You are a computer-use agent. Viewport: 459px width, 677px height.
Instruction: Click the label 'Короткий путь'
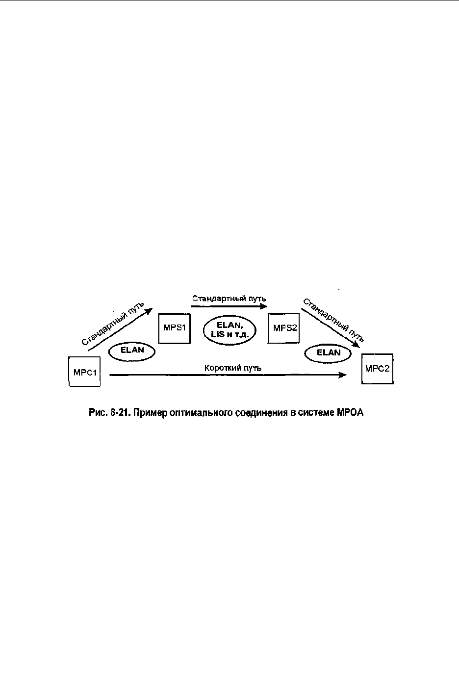click(x=233, y=368)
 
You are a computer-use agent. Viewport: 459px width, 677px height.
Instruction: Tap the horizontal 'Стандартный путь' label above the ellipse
click(x=229, y=299)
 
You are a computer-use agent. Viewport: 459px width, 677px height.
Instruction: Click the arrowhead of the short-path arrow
click(x=343, y=375)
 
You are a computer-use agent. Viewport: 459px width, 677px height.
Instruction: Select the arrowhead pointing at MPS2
click(x=264, y=306)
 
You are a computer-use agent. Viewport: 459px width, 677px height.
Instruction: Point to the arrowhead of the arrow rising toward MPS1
click(x=149, y=311)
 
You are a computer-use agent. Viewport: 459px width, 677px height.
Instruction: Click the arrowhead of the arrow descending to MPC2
click(x=356, y=345)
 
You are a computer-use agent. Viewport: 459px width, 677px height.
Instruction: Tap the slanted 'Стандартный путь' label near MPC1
click(x=112, y=324)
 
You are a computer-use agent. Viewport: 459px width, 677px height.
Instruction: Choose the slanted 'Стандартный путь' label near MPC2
click(x=333, y=320)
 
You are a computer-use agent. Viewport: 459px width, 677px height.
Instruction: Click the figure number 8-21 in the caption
click(x=118, y=413)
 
